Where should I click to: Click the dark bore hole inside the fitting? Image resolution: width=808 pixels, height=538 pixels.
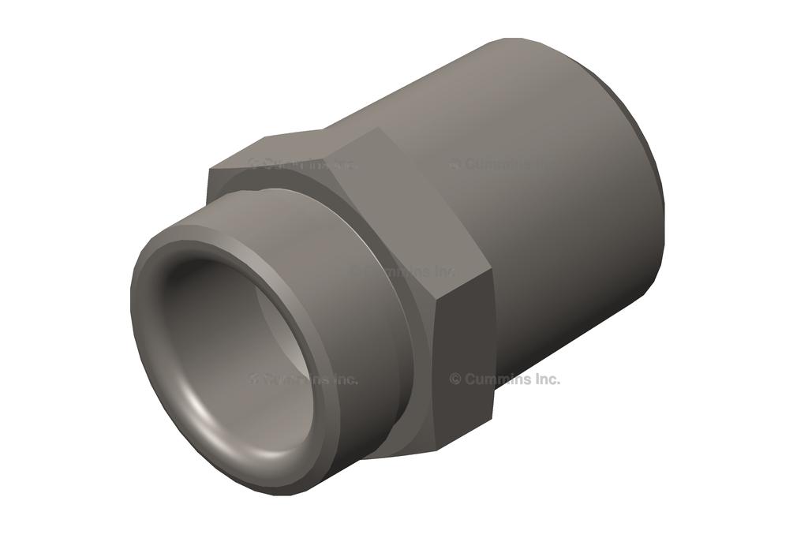tap(237, 347)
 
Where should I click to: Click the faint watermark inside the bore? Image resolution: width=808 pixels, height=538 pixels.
tap(304, 379)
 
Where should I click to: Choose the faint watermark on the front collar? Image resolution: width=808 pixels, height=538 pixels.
tap(402, 271)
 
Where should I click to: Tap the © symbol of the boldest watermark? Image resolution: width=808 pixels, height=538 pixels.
tap(455, 379)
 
